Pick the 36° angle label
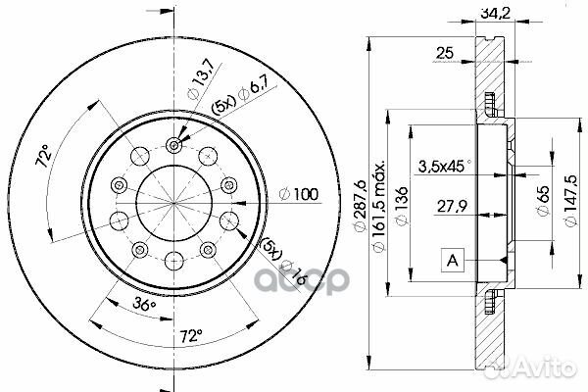click(x=144, y=305)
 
